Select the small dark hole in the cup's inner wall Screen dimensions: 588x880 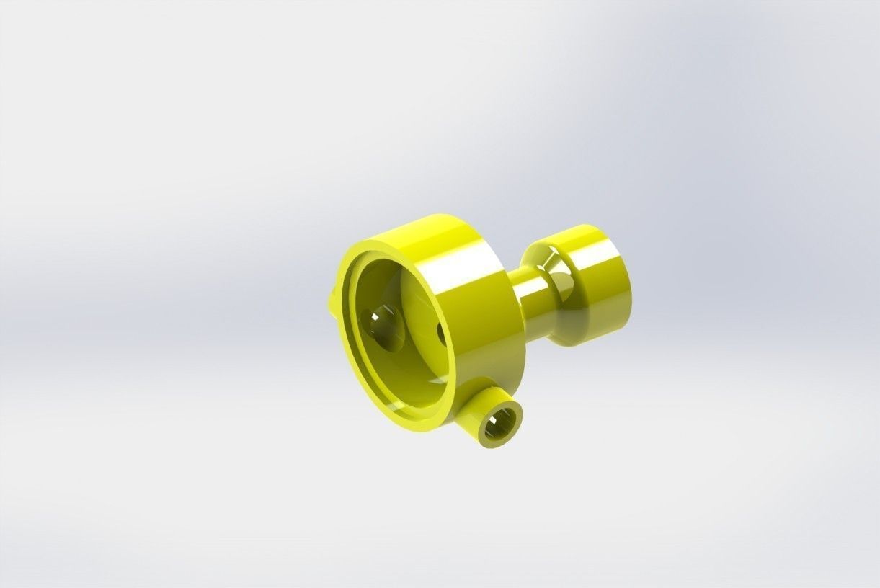(x=440, y=332)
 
